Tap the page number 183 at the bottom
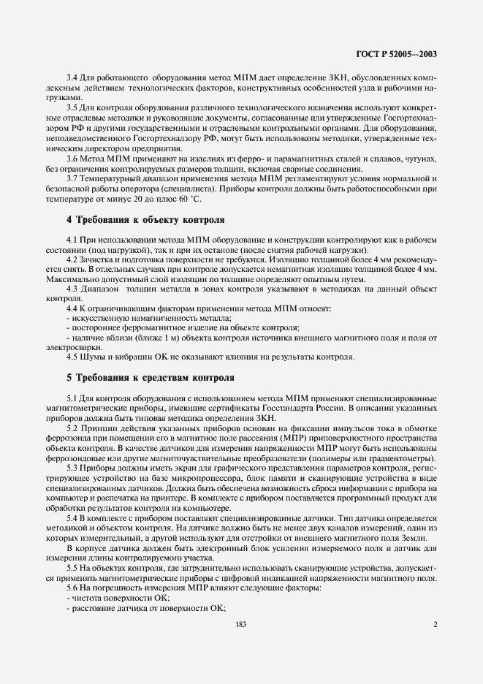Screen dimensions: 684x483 click(241, 624)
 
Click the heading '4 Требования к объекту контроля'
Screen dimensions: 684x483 click(145, 220)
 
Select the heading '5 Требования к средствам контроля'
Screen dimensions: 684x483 click(151, 377)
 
